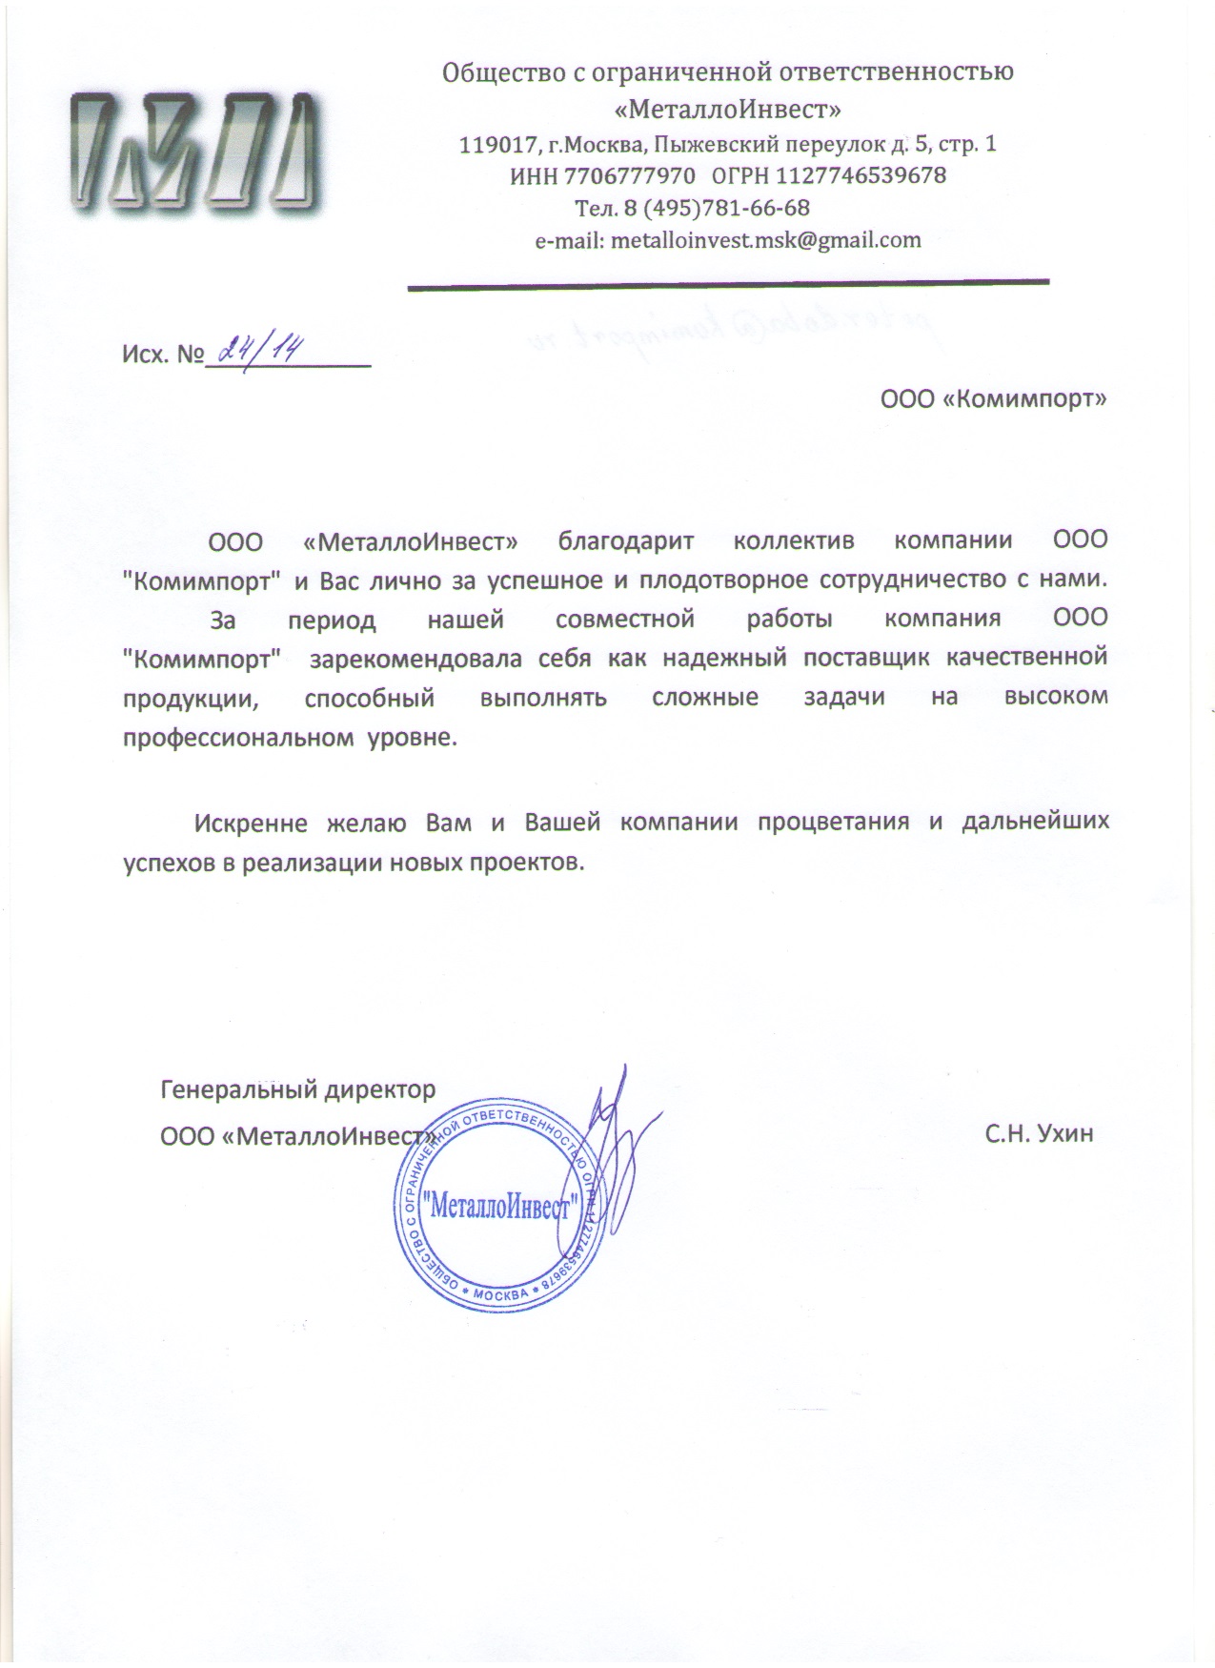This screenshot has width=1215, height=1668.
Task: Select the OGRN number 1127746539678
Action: [861, 176]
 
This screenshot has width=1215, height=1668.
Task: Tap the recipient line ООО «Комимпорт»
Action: [993, 399]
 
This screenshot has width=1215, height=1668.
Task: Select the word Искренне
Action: [251, 823]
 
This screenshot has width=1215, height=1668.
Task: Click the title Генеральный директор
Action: [298, 1088]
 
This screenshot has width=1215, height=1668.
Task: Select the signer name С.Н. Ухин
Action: [1040, 1134]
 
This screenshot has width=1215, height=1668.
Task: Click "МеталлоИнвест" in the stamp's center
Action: [500, 1209]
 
